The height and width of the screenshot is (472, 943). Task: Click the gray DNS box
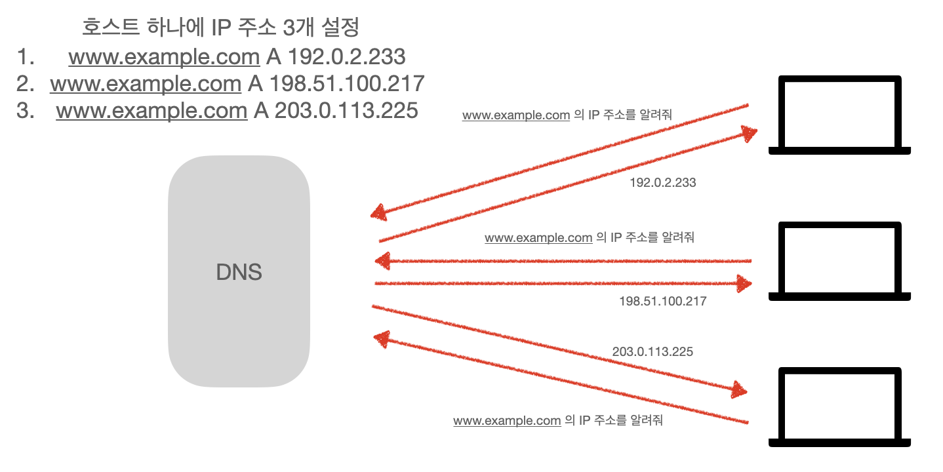239,271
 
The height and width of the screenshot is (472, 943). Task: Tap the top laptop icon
839,115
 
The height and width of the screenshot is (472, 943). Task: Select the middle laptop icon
839,261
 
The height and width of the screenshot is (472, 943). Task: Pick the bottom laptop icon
839,407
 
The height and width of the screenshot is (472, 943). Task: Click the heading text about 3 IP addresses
222,28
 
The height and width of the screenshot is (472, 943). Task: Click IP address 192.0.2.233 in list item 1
347,57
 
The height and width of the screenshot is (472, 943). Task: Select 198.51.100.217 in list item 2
347,84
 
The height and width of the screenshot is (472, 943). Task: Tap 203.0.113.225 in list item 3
346,110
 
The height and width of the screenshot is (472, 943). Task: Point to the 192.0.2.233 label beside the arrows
662,183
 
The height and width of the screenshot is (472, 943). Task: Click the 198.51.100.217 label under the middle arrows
662,302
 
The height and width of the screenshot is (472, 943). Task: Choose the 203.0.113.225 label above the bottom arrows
652,352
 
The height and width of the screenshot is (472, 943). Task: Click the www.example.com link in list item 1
164,57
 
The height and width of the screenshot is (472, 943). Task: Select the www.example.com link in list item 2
146,84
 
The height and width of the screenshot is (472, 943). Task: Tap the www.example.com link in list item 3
151,110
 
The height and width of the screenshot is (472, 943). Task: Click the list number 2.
26,84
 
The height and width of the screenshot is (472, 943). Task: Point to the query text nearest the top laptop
567,115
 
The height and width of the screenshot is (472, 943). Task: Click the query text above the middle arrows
589,237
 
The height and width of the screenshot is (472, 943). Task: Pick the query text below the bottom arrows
558,420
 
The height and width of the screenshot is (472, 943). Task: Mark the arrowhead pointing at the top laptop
749,134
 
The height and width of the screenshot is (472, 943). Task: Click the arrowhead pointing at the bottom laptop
739,391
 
